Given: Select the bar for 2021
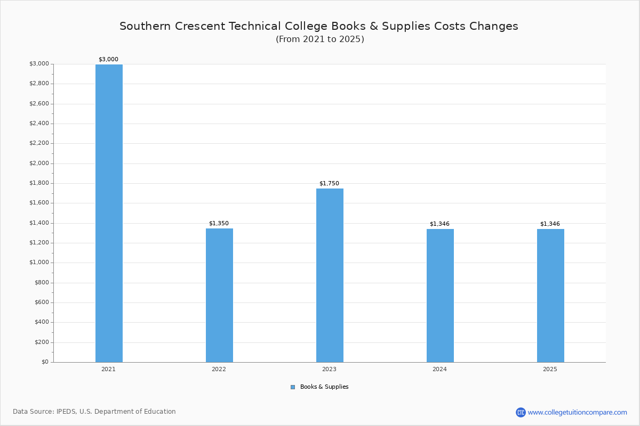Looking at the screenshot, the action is click(x=109, y=213).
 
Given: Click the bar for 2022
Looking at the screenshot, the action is click(x=219, y=296).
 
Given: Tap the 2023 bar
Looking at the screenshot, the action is click(x=330, y=275).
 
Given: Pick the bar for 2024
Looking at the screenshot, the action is click(x=440, y=296).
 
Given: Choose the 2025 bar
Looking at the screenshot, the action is click(x=550, y=296).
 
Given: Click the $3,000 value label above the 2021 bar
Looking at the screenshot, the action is click(x=108, y=59).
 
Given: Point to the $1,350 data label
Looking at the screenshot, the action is click(x=219, y=224).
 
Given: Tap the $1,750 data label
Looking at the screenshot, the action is click(x=329, y=184).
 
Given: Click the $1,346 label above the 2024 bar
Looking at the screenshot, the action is click(x=439, y=224).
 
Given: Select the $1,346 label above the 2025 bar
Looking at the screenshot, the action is click(x=550, y=224).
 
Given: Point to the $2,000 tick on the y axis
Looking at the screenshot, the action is click(x=39, y=163).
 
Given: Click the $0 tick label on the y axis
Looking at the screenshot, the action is click(x=45, y=362).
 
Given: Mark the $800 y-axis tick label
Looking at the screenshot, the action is click(x=42, y=282).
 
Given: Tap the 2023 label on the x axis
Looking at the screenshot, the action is click(x=329, y=369).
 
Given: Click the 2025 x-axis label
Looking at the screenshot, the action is click(x=550, y=369).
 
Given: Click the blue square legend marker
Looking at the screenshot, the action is click(x=293, y=387).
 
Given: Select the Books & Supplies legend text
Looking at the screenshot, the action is click(x=324, y=387).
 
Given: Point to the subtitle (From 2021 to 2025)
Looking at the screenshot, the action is click(x=320, y=39).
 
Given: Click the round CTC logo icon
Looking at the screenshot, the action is click(x=521, y=412).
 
